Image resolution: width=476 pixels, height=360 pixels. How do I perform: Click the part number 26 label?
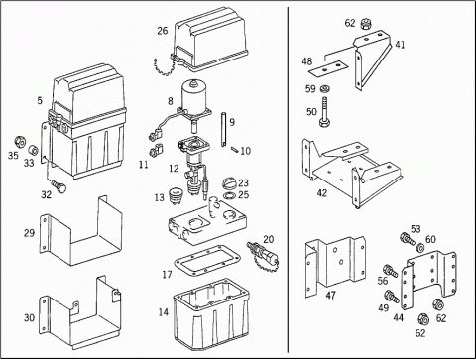(163, 31)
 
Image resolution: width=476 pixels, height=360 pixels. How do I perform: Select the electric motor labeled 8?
(195, 99)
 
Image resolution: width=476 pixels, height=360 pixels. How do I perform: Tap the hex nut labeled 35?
(20, 142)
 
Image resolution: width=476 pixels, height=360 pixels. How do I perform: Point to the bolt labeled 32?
(59, 186)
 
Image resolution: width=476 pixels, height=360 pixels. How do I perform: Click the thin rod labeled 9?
(223, 130)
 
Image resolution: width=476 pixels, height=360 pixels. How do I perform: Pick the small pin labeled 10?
(234, 149)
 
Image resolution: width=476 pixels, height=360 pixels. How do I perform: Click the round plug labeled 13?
(176, 195)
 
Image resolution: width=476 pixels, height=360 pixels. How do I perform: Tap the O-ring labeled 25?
(229, 196)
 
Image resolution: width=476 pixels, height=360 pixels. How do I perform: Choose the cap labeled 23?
(229, 183)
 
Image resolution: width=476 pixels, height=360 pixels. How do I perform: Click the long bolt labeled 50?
(325, 111)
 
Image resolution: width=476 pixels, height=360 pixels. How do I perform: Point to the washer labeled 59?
(325, 88)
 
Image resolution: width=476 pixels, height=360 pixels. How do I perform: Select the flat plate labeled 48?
(327, 68)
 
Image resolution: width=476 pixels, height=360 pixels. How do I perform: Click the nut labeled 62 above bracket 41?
(365, 24)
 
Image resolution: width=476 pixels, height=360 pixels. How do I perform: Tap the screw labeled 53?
(408, 240)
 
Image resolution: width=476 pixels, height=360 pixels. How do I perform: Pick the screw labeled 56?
(391, 270)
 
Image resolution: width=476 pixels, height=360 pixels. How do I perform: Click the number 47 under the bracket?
(331, 295)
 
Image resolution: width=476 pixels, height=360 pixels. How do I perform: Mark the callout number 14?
(164, 311)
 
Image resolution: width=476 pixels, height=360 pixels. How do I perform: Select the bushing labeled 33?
(33, 151)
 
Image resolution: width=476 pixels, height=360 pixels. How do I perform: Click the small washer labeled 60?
(420, 247)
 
